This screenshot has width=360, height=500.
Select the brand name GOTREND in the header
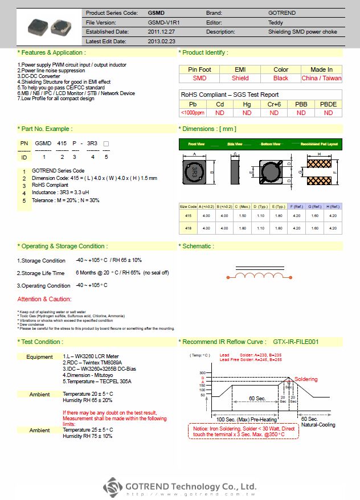click(281, 13)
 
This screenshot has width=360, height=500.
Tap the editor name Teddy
click(275, 22)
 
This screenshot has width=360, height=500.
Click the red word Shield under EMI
click(240, 78)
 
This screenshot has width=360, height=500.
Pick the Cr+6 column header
click(274, 104)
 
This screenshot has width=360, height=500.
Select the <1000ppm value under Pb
click(193, 113)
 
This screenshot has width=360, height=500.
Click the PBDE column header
click(329, 104)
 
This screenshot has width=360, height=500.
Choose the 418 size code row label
click(188, 228)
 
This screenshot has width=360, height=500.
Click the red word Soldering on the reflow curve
click(306, 379)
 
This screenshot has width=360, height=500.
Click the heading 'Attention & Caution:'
click(44, 299)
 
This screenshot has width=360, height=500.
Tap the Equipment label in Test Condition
click(39, 357)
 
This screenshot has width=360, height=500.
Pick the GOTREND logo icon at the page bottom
click(113, 488)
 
